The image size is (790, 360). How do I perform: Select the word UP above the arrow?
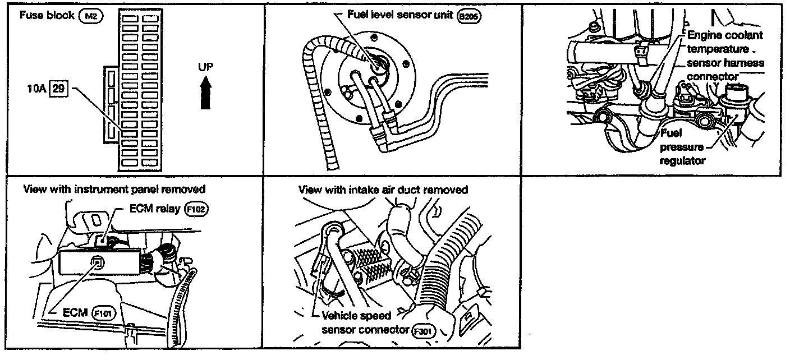click(x=206, y=67)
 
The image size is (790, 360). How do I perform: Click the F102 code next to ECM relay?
click(x=197, y=209)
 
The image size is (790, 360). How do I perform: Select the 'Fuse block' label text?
click(x=47, y=15)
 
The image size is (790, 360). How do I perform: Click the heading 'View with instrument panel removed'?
click(x=114, y=189)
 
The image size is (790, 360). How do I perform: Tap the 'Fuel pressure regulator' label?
click(x=682, y=147)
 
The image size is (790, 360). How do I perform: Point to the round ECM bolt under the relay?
click(x=98, y=260)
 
